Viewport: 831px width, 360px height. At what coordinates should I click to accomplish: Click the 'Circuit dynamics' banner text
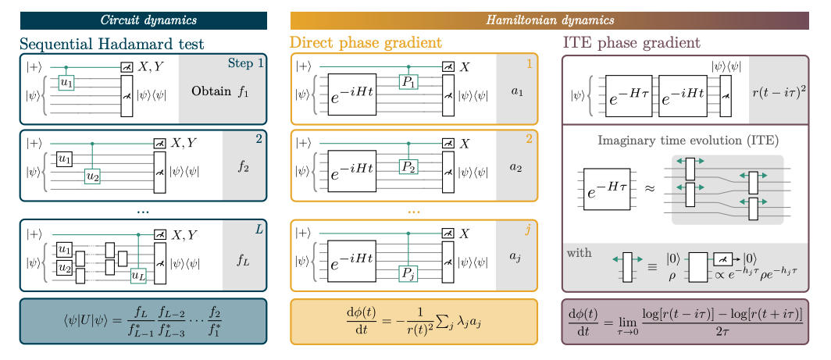coord(143,20)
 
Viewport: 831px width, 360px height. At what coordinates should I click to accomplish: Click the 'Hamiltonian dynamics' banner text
coord(550,20)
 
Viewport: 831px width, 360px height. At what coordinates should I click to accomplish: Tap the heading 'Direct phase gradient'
coord(366,43)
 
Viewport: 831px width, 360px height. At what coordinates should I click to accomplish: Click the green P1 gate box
coord(408,82)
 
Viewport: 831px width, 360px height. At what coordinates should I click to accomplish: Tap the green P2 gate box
coord(408,166)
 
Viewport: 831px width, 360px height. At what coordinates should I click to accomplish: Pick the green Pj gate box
coord(408,273)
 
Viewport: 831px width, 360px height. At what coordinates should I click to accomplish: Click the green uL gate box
coord(138,274)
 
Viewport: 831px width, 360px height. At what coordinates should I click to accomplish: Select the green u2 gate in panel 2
coord(93,176)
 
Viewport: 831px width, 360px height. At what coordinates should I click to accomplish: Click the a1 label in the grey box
coord(516,91)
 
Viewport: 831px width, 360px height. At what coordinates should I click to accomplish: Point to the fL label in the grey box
coord(244,260)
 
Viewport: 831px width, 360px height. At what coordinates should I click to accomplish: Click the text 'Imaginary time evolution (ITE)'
coord(687,141)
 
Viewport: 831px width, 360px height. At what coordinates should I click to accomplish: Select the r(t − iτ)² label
coord(779,91)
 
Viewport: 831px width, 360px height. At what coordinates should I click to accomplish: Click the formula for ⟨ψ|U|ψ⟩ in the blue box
coord(143,320)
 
